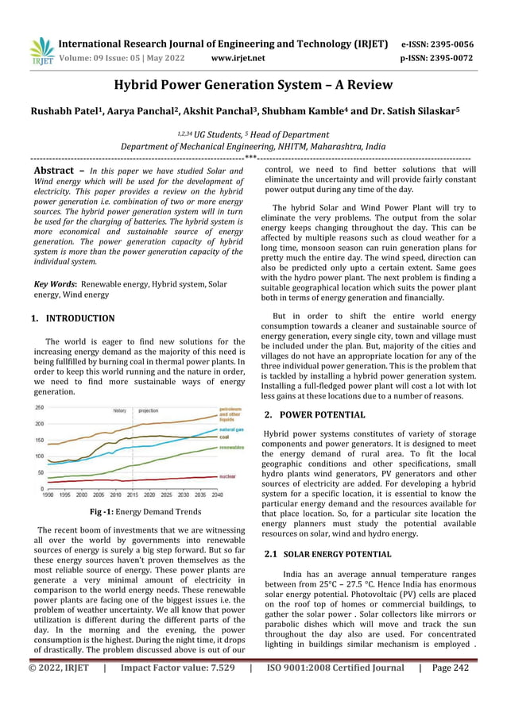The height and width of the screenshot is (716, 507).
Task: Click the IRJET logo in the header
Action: [x=41, y=50]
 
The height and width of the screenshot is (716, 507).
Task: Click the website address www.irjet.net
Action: [x=238, y=58]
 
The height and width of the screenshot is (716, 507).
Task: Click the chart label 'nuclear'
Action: [x=227, y=476]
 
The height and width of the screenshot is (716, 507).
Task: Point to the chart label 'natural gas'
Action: [x=232, y=429]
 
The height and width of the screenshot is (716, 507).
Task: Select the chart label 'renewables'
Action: [x=232, y=448]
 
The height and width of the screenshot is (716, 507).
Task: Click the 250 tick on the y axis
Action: [x=38, y=407]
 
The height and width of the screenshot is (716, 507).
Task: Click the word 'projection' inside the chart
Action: [x=148, y=411]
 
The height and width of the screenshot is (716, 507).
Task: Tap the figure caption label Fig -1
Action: [x=105, y=512]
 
